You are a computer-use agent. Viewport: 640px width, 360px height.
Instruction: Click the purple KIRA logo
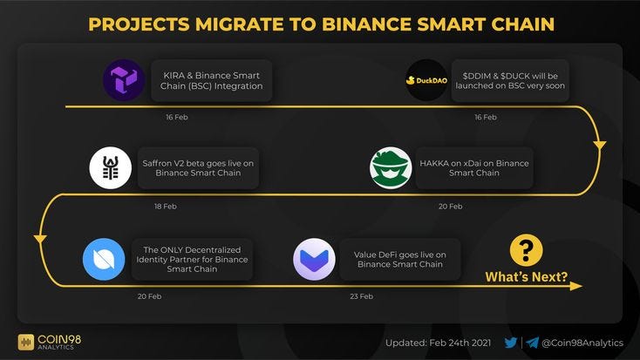point(124,81)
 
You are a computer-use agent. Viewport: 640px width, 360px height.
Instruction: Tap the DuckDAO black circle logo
point(426,81)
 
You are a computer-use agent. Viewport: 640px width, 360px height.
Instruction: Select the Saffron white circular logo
point(111,168)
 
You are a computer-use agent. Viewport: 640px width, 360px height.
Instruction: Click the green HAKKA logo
point(391,168)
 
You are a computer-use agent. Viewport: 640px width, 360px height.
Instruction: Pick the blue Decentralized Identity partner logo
point(104,258)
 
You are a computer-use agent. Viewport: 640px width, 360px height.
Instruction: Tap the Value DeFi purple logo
point(314,259)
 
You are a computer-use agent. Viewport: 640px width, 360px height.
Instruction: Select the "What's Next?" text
point(526,279)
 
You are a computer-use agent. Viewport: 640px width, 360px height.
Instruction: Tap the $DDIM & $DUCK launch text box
point(510,81)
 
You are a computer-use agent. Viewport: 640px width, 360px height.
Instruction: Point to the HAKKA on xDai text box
point(473,168)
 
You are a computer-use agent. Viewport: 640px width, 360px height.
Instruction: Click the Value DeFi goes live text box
point(399,258)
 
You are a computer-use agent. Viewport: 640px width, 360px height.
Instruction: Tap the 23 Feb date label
point(361,296)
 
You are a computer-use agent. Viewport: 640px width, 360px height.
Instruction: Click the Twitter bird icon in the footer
point(511,343)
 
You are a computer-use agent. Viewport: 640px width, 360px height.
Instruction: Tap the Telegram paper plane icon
point(532,343)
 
